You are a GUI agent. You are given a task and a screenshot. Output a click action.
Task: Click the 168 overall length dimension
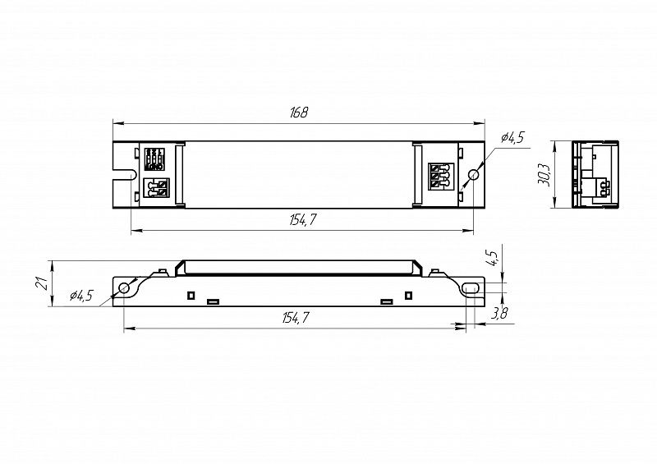(299, 113)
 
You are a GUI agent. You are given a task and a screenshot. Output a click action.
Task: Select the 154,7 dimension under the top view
(302, 219)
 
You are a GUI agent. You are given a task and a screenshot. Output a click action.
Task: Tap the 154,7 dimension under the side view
(296, 318)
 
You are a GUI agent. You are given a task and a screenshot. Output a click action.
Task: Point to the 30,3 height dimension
(544, 174)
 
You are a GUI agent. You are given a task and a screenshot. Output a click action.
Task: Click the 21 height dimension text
(41, 283)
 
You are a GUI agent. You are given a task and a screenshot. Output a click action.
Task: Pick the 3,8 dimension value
(498, 313)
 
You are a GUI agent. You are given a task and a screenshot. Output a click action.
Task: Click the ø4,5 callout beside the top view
(512, 137)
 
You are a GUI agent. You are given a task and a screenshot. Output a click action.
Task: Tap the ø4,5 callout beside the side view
(81, 296)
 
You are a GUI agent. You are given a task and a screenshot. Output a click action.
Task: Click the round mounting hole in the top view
(474, 174)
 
